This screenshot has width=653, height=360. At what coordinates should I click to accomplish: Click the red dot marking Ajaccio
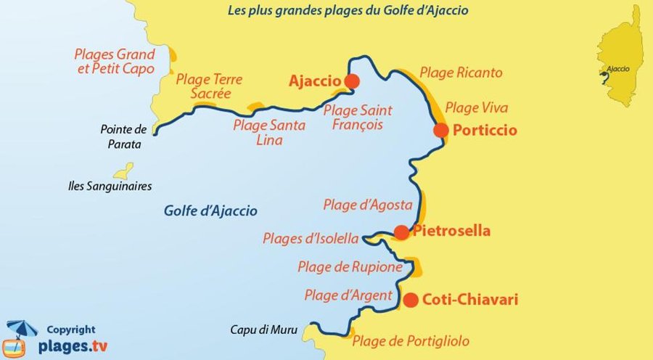(352, 81)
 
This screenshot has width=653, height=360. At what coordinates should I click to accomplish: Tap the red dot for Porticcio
(441, 131)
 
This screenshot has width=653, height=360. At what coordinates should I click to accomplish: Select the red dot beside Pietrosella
(401, 232)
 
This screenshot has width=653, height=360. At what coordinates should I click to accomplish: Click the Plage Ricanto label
(461, 73)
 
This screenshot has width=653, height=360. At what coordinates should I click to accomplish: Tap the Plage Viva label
(476, 108)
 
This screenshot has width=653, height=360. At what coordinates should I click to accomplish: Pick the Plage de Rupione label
(350, 267)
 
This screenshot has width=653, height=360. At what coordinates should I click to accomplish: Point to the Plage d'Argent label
(348, 295)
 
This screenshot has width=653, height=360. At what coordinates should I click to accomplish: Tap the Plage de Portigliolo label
(410, 340)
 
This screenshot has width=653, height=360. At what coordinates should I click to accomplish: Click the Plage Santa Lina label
(269, 132)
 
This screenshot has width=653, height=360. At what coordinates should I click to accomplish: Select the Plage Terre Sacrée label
(210, 86)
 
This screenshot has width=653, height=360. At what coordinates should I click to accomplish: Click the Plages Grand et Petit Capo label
(115, 62)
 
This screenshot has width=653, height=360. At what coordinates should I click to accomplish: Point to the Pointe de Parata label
(124, 136)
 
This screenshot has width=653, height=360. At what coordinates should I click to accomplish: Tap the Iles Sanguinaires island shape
(124, 171)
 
